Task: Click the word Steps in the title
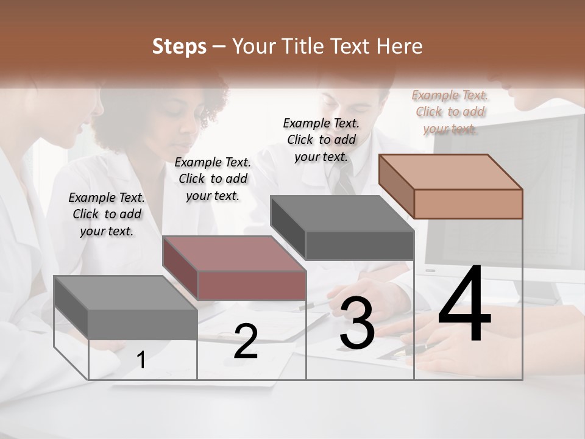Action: pos(179,46)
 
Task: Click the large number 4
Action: pos(464,305)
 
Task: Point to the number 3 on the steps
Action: pos(357,324)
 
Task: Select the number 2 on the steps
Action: pos(246,342)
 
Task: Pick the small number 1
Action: pos(141,360)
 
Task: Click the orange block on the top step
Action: pos(451,186)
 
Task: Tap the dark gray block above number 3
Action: pos(342,227)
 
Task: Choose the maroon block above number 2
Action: pos(235,268)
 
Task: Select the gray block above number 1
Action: pos(126,307)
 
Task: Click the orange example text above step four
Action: pos(450,112)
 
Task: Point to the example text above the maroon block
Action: pos(213,179)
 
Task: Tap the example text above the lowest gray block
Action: pos(107,214)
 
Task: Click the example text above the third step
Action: pos(321,140)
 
